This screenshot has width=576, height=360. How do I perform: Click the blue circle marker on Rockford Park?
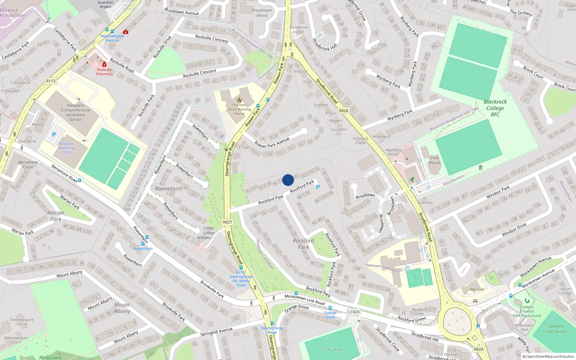(288, 180)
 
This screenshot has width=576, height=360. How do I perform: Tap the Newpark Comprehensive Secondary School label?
(75, 112)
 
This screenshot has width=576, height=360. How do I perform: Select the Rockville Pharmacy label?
(104, 72)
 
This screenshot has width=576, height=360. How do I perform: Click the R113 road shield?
(51, 81)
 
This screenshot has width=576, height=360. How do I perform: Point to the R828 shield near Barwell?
(343, 111)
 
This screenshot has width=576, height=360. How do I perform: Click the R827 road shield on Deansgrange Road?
(228, 222)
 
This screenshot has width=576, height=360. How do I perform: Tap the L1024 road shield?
(354, 312)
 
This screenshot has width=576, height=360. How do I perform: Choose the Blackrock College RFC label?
(495, 108)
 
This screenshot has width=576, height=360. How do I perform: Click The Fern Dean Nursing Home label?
(239, 109)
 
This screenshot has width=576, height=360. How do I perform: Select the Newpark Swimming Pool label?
(66, 148)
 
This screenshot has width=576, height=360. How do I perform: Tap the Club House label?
(435, 160)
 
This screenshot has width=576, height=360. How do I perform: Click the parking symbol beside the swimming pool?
(54, 135)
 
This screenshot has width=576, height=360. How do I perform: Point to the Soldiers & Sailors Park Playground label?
(527, 311)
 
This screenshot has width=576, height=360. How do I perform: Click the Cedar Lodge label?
(208, 230)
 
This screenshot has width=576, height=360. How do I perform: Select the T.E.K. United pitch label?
(332, 349)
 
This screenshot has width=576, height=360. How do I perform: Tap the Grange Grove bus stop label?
(330, 315)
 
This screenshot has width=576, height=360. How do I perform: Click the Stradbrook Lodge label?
(298, 29)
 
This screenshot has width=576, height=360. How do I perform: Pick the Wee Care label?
(477, 289)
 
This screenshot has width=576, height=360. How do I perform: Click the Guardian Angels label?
(105, 4)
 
